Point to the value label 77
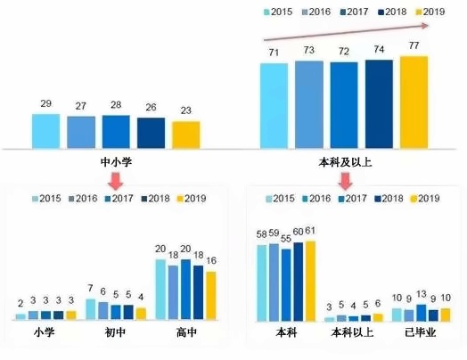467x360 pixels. (x=414, y=45)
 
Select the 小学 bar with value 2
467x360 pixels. (x=20, y=315)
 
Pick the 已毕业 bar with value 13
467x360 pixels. (x=422, y=312)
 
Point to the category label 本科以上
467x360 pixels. (x=354, y=334)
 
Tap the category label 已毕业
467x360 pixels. (x=422, y=334)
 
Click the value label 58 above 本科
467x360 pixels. (x=262, y=233)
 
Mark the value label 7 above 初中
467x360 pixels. (x=90, y=289)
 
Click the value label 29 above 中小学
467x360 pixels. (x=45, y=104)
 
